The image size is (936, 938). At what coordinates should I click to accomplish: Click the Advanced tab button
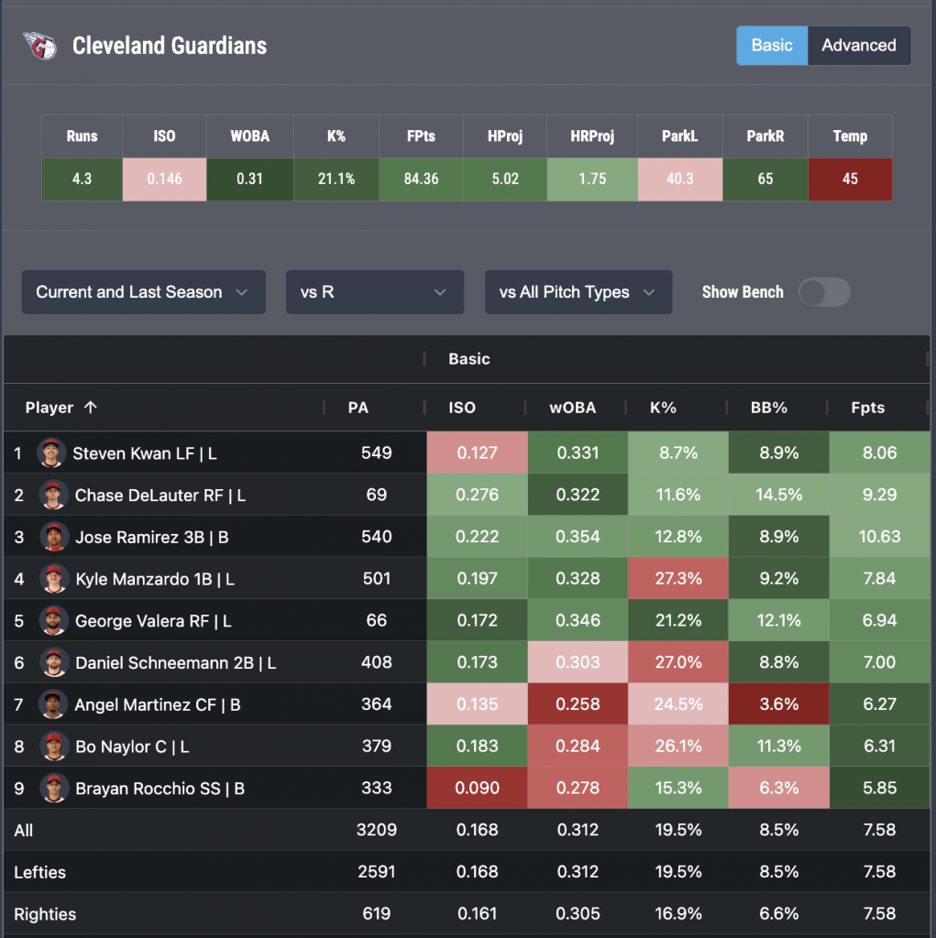pyautogui.click(x=858, y=46)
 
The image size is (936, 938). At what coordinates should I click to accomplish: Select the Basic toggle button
pyautogui.click(x=772, y=46)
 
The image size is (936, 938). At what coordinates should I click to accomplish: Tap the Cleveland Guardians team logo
pyautogui.click(x=39, y=46)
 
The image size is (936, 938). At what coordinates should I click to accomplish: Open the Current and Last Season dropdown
pyautogui.click(x=143, y=292)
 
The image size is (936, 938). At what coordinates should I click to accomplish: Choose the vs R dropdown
pyautogui.click(x=374, y=292)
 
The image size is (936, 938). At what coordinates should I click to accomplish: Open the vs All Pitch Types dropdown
pyautogui.click(x=578, y=292)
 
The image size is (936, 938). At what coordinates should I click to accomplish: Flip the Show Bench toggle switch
pyautogui.click(x=824, y=292)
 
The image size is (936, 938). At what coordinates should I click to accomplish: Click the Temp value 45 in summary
pyautogui.click(x=850, y=179)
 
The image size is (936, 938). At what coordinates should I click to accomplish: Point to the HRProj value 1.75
pyautogui.click(x=592, y=179)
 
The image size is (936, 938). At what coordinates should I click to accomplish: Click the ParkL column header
pyautogui.click(x=679, y=136)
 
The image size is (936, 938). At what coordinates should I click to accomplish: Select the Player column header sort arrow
pyautogui.click(x=90, y=408)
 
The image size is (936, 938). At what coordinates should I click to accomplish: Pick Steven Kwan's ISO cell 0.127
pyautogui.click(x=477, y=453)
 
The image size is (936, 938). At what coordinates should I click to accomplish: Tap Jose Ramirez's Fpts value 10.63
pyautogui.click(x=879, y=537)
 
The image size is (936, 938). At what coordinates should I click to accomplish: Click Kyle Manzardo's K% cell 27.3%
pyautogui.click(x=678, y=578)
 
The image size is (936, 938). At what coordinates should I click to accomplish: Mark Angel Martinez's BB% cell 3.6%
pyautogui.click(x=778, y=704)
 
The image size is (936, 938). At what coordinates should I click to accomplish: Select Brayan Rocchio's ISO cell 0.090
pyautogui.click(x=477, y=789)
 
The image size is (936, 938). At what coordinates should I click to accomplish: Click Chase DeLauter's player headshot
pyautogui.click(x=54, y=495)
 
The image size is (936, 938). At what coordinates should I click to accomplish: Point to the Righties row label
pyautogui.click(x=45, y=913)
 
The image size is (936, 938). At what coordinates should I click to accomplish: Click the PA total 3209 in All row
pyautogui.click(x=376, y=830)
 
